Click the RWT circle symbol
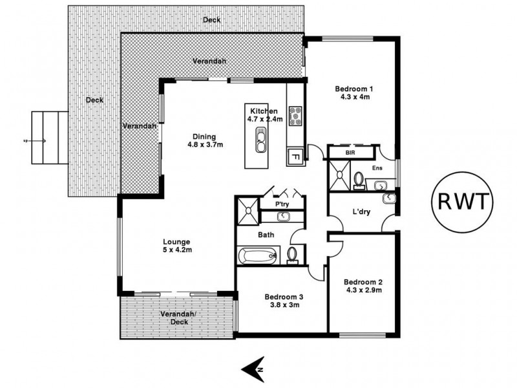coord(462,203)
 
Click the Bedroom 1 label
coord(354,89)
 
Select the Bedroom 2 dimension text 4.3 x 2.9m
coord(363,290)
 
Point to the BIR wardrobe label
coord(351,152)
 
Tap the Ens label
coord(378,168)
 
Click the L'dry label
coord(361,211)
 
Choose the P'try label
coord(282,204)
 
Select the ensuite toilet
coord(359,178)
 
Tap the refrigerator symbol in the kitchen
coord(294,156)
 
